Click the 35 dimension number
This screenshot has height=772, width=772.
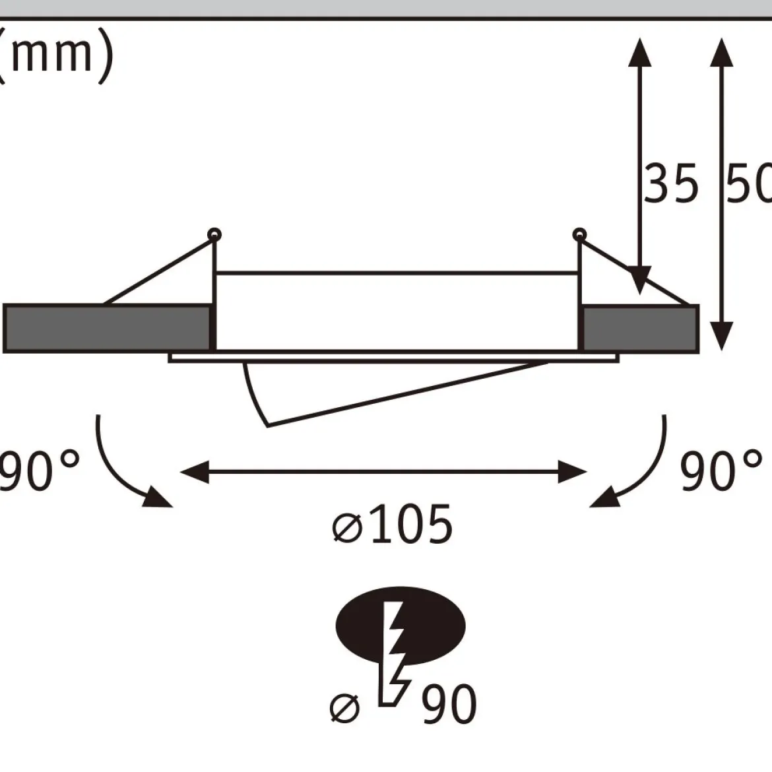point(671,183)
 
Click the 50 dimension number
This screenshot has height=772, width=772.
point(749,183)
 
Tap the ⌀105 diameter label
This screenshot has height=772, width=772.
point(393,524)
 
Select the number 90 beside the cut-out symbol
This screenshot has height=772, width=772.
point(450,703)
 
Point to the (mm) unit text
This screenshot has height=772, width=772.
point(55,55)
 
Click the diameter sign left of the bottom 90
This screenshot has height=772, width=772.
point(344,708)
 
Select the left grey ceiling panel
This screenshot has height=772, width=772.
point(108,329)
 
